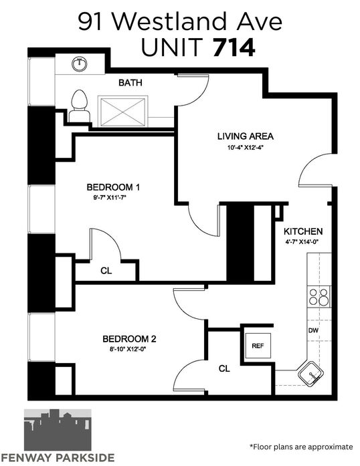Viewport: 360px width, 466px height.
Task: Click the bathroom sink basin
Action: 80,64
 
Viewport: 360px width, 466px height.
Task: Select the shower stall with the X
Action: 123,112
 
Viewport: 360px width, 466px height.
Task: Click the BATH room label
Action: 130,83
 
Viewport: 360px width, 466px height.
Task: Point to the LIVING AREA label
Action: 245,136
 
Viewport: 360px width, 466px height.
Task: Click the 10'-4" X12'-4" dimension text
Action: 245,147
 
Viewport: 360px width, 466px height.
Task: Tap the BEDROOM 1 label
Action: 113,187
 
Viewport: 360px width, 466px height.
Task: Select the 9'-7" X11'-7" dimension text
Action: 111,197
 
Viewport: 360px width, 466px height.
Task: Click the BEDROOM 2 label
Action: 129,339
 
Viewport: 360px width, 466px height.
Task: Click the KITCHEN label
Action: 303,231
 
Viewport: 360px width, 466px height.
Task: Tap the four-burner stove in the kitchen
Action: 319,297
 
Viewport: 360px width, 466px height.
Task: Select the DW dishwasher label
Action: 313,330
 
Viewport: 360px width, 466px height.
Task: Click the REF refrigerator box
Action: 258,346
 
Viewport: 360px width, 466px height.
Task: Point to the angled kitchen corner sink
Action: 312,374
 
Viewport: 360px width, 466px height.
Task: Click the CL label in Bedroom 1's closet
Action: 106,271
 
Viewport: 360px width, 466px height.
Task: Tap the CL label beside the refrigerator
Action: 224,369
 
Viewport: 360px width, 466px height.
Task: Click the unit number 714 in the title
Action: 234,48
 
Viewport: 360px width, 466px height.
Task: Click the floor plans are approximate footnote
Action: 301,447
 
